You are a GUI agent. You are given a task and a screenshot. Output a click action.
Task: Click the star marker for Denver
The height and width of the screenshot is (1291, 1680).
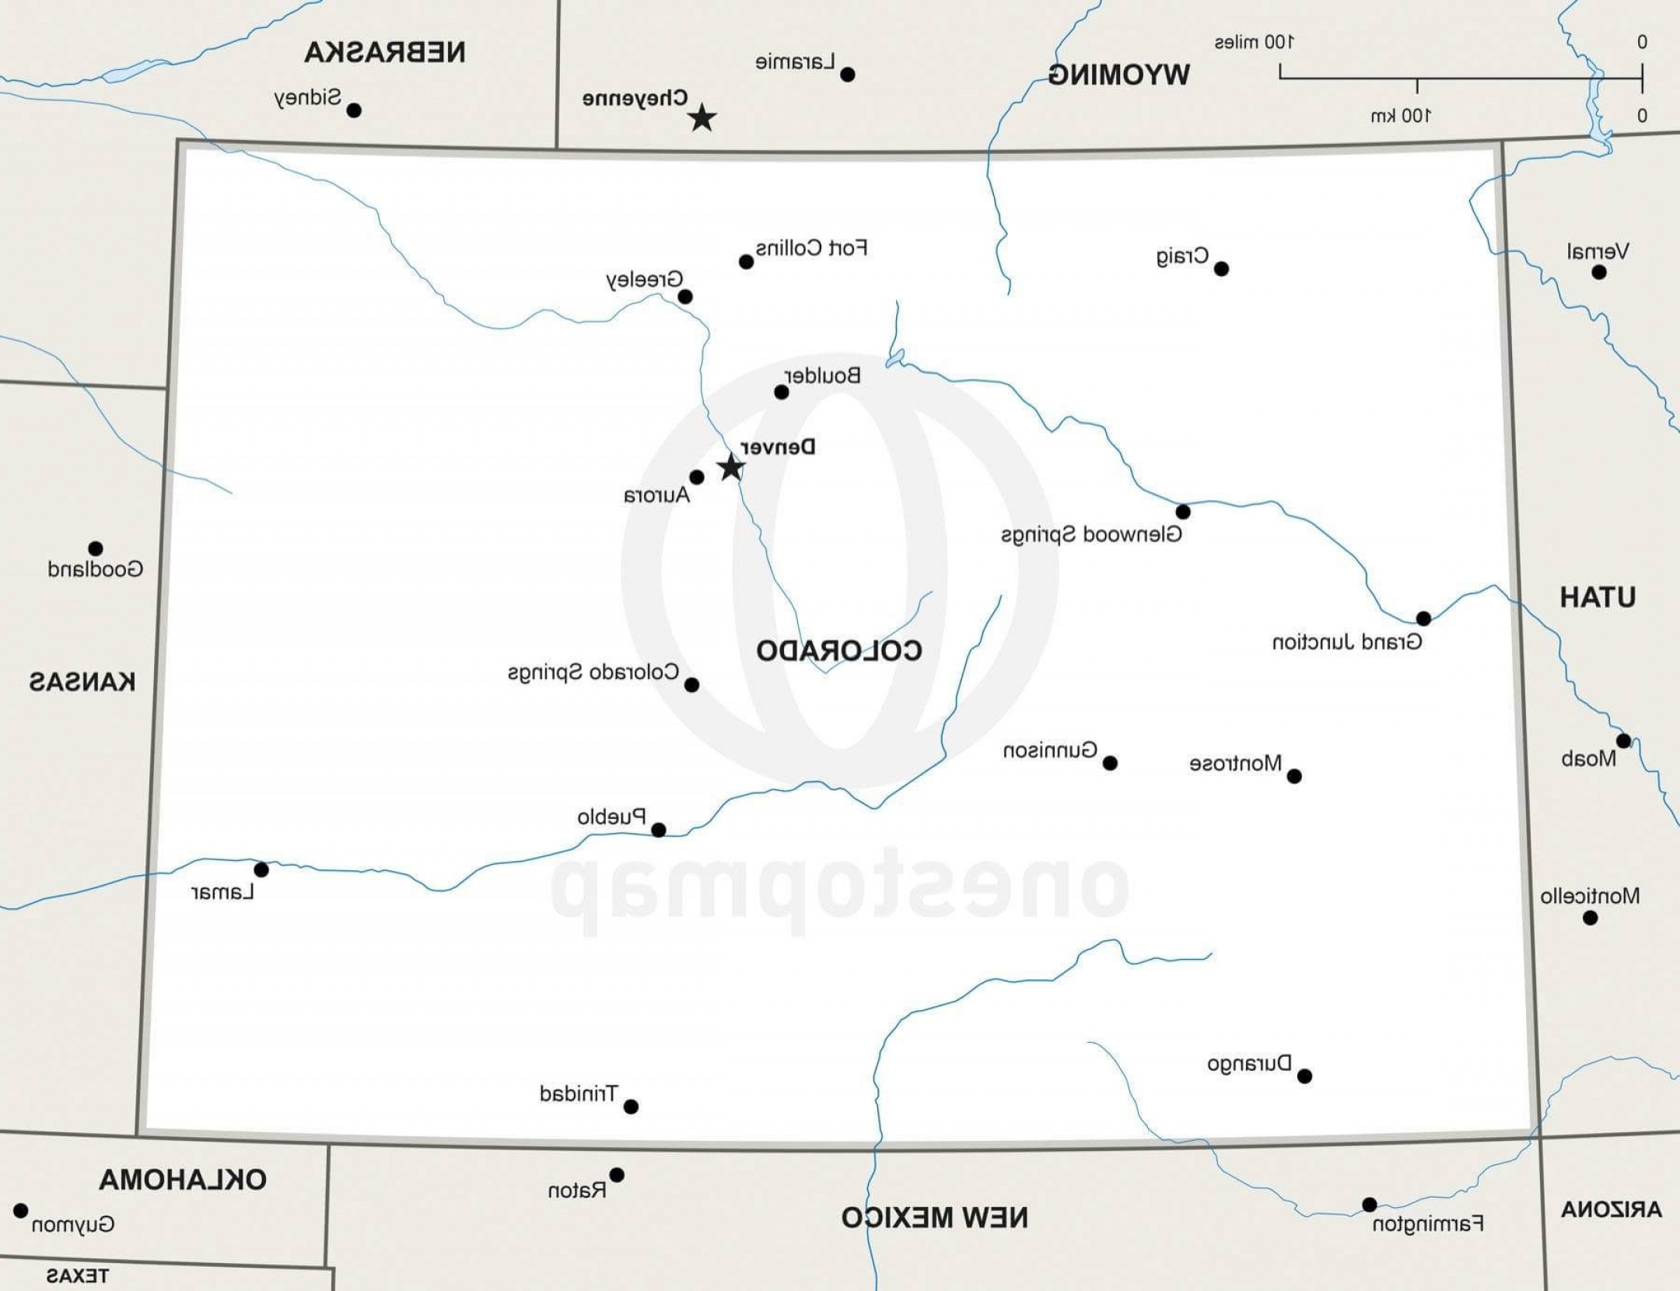pos(730,467)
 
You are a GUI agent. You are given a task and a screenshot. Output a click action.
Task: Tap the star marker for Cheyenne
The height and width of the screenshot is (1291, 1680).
pos(702,118)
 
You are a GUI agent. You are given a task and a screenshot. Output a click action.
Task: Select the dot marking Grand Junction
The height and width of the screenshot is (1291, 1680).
pos(1423,618)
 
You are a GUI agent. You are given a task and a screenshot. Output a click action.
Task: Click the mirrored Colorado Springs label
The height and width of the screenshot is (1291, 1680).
pos(593,672)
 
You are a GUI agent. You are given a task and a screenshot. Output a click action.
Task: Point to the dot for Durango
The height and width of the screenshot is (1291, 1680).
pos(1305,1076)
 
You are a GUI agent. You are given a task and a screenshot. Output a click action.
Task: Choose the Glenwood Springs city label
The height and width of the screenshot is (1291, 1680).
pos(1091,535)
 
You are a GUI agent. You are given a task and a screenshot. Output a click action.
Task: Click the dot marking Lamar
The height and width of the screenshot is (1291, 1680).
pos(261,869)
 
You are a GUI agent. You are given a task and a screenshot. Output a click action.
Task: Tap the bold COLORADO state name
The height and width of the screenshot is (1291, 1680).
pos(839,651)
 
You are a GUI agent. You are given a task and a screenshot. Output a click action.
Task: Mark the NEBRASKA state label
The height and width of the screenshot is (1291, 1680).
pos(385,52)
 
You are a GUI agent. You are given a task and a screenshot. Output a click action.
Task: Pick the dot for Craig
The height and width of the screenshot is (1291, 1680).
pos(1221,269)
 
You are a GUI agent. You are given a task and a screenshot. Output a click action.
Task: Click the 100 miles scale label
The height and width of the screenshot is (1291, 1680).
pos(1254,42)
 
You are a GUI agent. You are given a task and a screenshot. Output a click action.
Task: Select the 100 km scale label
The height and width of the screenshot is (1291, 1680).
pos(1400,116)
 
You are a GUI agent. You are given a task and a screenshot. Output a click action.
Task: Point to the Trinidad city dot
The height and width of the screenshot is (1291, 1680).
pos(632,1106)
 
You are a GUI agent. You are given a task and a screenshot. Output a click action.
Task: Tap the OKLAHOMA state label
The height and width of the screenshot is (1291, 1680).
pos(183,1180)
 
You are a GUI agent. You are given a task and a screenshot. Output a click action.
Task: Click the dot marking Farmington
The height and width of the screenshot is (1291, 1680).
pos(1370,1205)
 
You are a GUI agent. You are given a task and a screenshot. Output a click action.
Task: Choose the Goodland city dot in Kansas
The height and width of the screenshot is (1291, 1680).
pos(96,549)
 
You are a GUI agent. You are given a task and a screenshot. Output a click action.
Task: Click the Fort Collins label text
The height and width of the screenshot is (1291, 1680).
pos(811,248)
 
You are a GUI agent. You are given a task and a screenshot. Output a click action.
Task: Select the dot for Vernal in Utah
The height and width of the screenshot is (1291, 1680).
pos(1599,272)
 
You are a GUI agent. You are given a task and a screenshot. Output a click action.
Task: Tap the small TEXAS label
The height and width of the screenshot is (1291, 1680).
pos(77,1275)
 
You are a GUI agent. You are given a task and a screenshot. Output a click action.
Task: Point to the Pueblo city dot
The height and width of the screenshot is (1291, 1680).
pos(658,830)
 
